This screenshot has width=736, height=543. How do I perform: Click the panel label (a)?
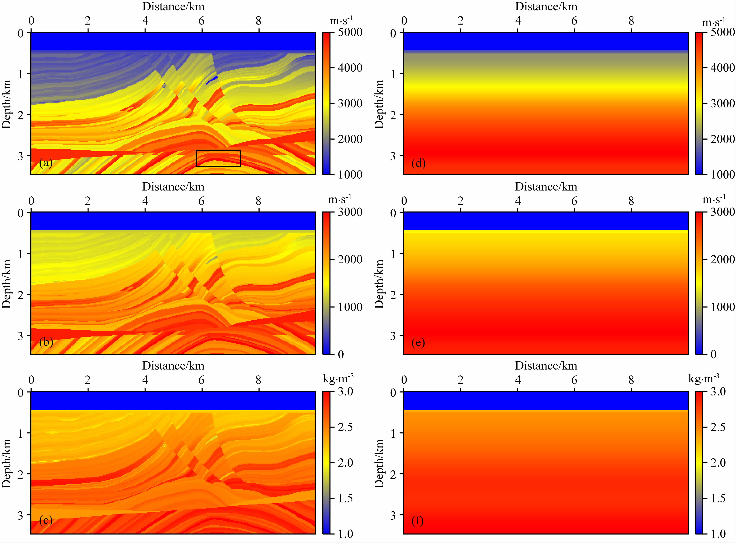point(46,163)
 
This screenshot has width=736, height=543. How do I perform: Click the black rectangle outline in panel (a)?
point(218,158)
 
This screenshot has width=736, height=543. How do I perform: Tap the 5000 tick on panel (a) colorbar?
point(350,32)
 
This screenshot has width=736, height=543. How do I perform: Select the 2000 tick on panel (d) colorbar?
point(723,139)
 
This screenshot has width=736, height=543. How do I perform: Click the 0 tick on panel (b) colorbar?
point(341,354)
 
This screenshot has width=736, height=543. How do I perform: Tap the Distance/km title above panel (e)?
point(546,187)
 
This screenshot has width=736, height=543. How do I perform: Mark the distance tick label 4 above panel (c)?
point(145,380)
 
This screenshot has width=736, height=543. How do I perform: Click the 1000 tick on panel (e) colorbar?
point(723,307)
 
